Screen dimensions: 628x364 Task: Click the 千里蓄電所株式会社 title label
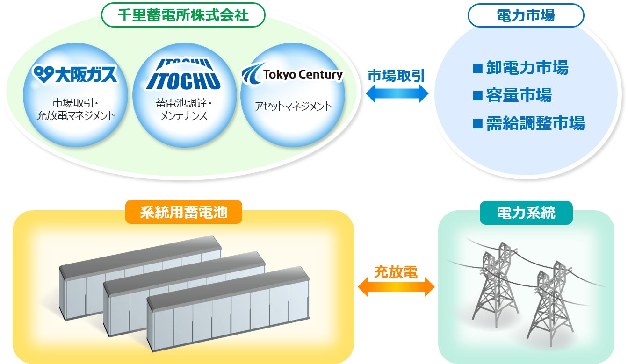(183, 16)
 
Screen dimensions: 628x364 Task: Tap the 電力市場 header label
(526, 15)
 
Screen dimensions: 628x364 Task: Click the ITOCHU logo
(183, 75)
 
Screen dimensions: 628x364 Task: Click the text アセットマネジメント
(293, 106)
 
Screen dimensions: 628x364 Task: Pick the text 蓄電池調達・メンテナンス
(183, 110)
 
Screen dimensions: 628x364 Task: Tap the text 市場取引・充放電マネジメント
(75, 110)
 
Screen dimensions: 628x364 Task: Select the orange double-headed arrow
(396, 287)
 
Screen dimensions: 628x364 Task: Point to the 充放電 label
(396, 271)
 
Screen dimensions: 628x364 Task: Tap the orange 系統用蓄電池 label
(184, 213)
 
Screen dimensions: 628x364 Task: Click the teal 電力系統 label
(526, 213)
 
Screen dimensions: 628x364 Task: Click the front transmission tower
(552, 304)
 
